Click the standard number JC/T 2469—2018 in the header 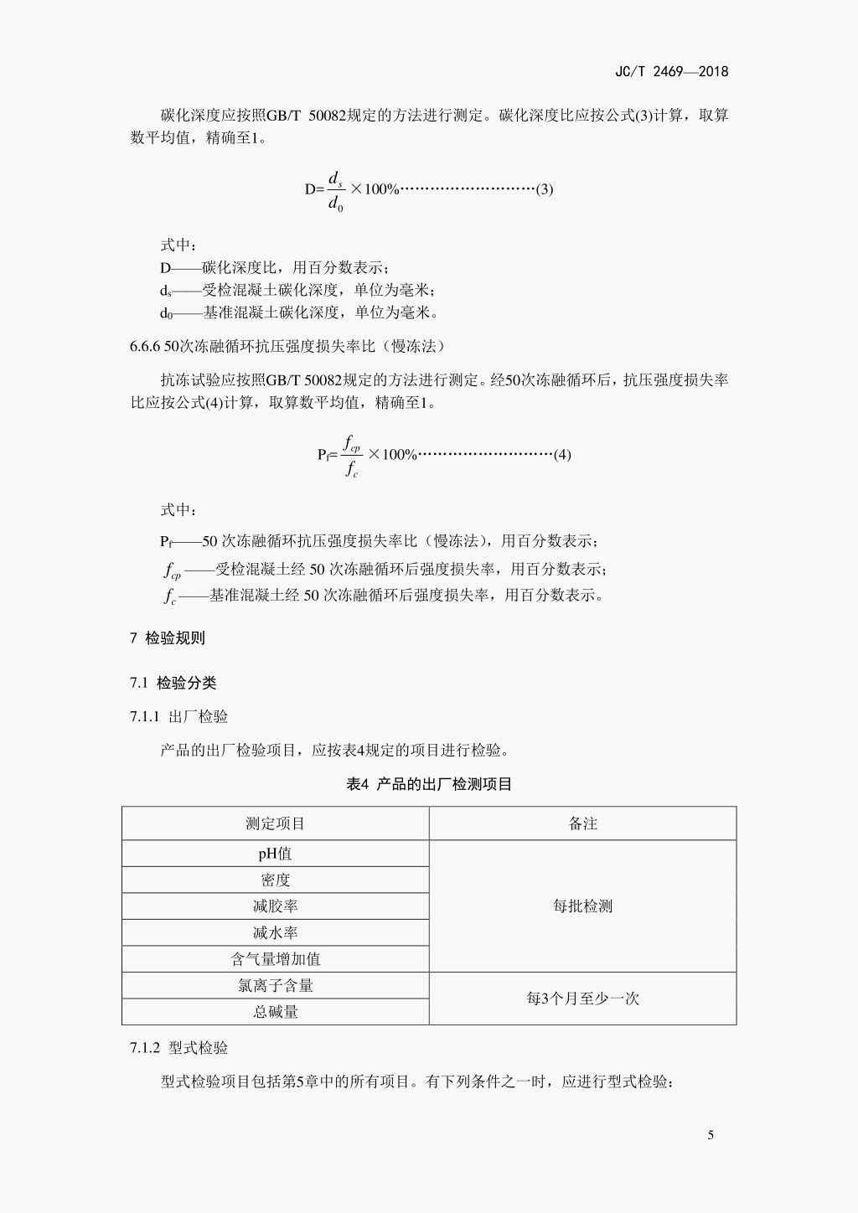671,71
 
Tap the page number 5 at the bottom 711,1136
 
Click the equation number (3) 545,189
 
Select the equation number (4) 562,455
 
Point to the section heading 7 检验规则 168,638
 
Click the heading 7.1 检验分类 173,684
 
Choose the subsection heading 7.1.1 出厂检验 178,717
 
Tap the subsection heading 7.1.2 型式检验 178,1049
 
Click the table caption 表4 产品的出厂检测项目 429,785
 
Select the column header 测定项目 275,824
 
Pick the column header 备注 582,824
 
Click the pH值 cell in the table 275,854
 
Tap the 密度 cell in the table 275,880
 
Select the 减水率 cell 275,933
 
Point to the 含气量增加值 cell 275,959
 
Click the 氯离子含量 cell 275,986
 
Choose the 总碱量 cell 275,1012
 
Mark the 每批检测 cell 582,906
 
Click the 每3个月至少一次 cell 582,999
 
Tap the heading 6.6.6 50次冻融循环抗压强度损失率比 287,347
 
